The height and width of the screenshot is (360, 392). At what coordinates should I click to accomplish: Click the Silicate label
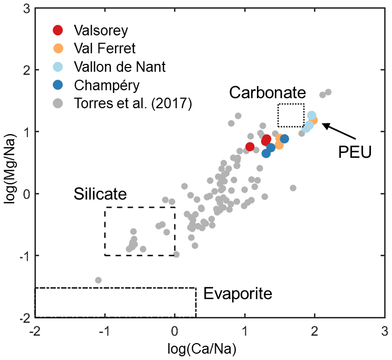click(x=100, y=194)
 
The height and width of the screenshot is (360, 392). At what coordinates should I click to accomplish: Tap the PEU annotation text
click(x=355, y=153)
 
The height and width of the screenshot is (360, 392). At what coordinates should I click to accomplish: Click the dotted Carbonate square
click(x=291, y=115)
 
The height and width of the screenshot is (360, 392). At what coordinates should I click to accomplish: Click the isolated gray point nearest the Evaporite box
click(x=98, y=280)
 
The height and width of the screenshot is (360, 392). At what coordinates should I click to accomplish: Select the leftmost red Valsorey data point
click(x=250, y=147)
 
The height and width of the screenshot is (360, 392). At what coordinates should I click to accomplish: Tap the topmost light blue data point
click(x=312, y=115)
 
